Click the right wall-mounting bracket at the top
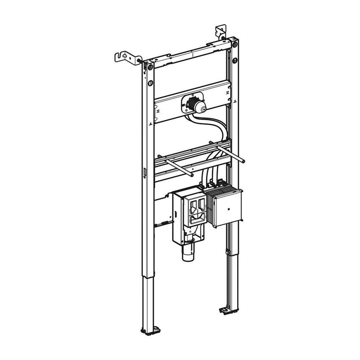(x=221, y=32)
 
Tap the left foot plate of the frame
(x=148, y=330)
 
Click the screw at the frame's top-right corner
(x=235, y=44)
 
